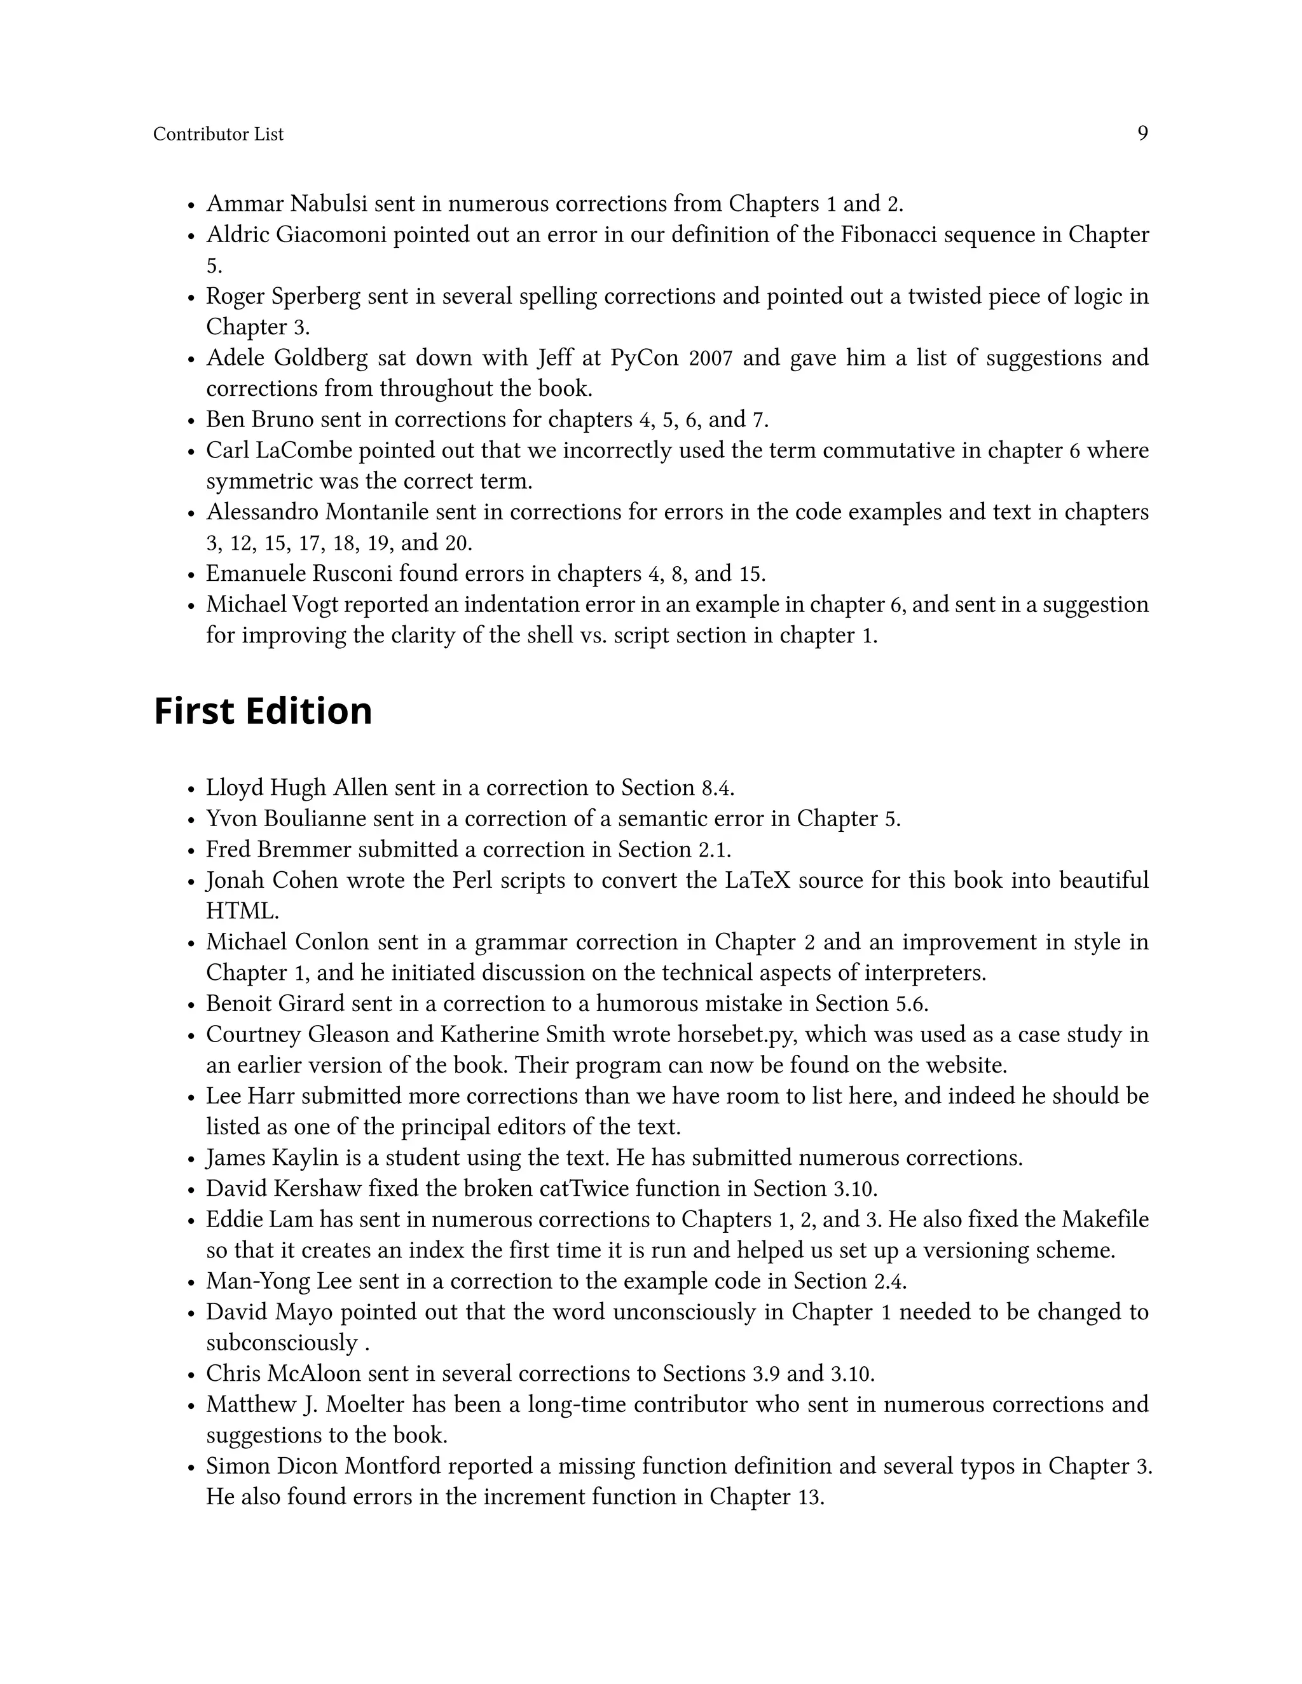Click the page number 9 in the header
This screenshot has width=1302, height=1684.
pos(1142,133)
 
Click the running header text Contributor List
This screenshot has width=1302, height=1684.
pos(218,134)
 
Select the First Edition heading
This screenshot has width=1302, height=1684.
pos(263,711)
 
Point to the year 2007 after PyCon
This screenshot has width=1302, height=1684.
pos(709,358)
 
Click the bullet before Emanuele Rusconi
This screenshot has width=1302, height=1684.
pos(191,575)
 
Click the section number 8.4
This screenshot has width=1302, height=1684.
pos(716,788)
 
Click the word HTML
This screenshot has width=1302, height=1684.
pos(242,911)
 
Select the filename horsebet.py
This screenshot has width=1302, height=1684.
pos(737,1034)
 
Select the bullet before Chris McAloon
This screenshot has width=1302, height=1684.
pos(191,1375)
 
